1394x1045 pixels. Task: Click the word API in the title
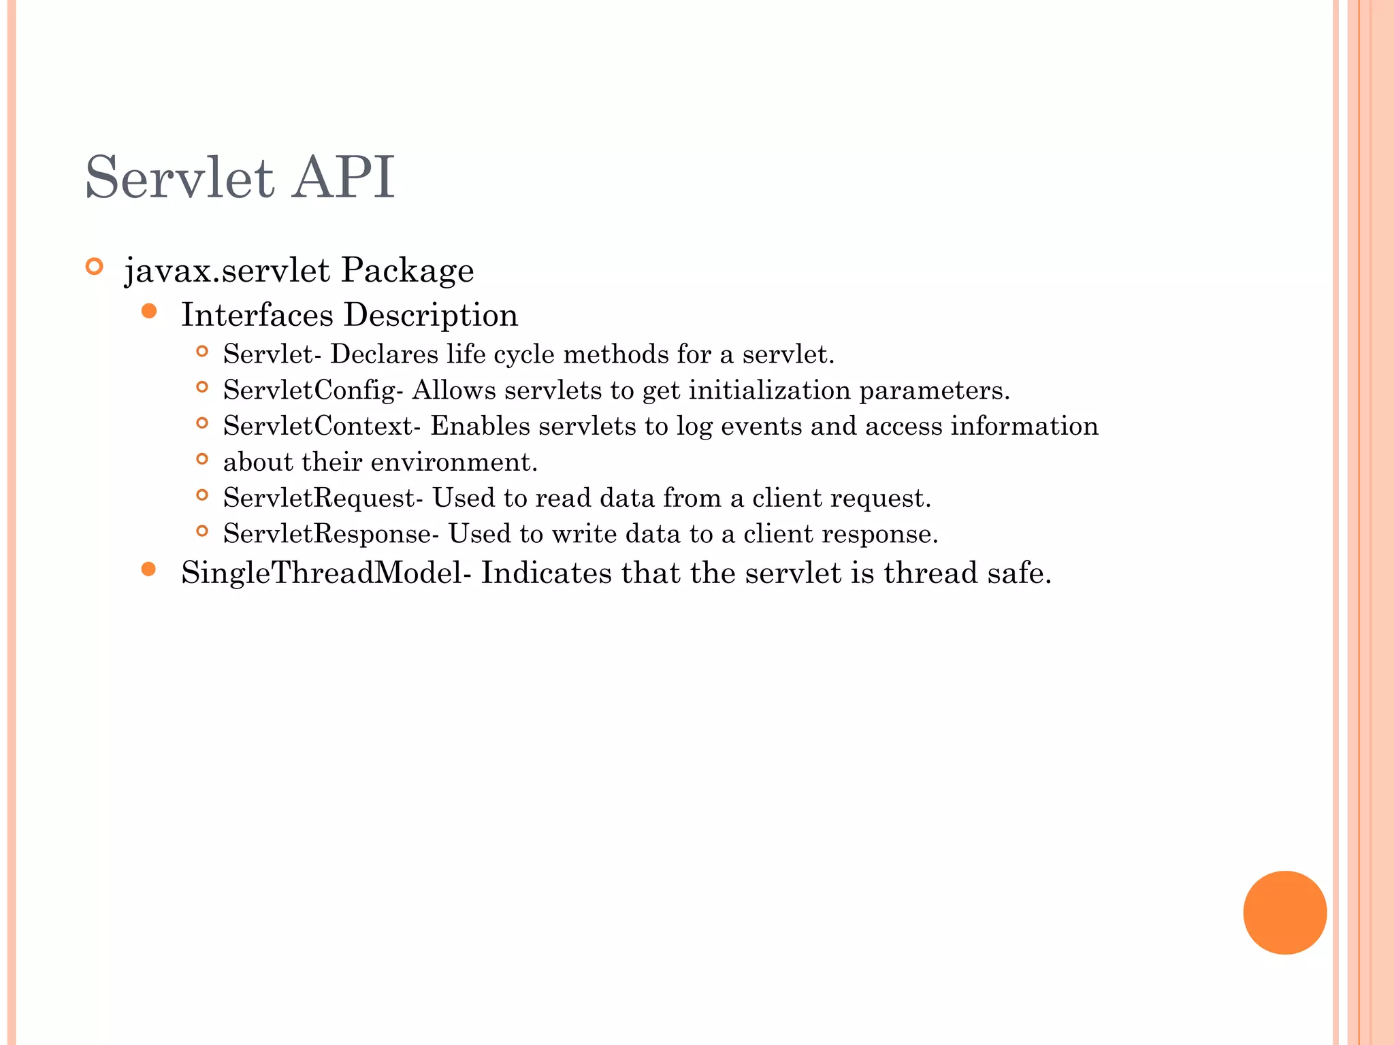tap(343, 178)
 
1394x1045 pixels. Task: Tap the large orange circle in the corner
tap(1284, 912)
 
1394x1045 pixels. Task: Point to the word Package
tap(407, 271)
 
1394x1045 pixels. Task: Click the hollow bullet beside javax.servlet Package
tap(95, 266)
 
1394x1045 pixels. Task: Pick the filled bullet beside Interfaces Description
tap(149, 312)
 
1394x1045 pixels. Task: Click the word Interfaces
tap(257, 315)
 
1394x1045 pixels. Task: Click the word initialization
tap(769, 391)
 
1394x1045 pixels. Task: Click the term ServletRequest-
tap(323, 499)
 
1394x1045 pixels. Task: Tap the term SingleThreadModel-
tap(326, 574)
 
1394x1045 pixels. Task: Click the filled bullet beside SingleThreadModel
tap(149, 569)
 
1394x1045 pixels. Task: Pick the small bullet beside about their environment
tap(201, 459)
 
